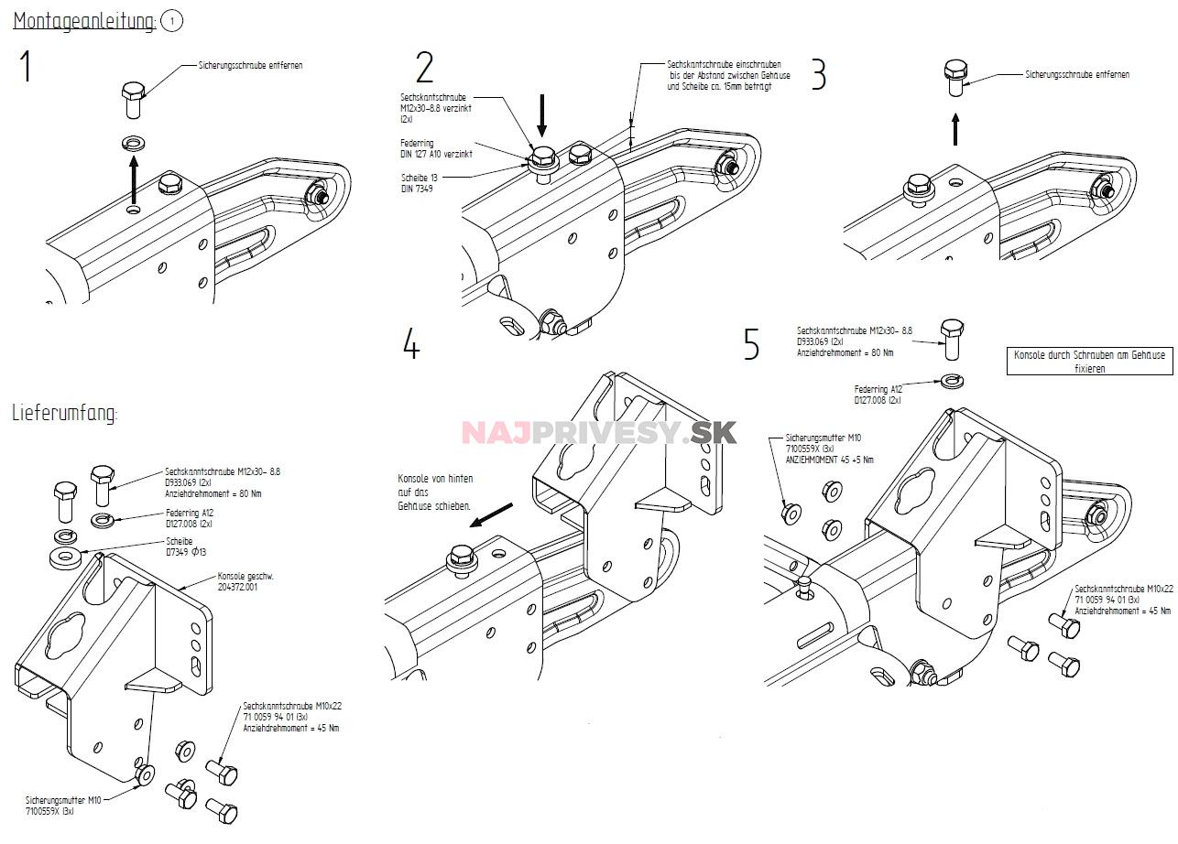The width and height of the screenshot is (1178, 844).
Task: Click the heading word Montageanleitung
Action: click(x=84, y=22)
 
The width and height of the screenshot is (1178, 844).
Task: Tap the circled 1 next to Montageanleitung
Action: click(x=171, y=22)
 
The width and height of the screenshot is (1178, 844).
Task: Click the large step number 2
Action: click(x=424, y=69)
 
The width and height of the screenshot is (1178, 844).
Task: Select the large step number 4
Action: click(x=411, y=343)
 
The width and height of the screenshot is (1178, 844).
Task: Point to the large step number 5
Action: click(x=751, y=345)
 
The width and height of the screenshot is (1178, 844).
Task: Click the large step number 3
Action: click(x=819, y=74)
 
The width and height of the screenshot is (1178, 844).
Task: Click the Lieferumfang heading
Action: click(x=65, y=413)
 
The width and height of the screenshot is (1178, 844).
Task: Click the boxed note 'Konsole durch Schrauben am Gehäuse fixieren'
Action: click(x=1090, y=361)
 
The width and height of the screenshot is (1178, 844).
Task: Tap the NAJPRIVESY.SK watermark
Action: click(x=599, y=432)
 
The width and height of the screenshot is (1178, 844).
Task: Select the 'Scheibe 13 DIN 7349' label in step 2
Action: click(x=420, y=182)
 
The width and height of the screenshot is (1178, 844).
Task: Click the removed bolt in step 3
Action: click(x=955, y=79)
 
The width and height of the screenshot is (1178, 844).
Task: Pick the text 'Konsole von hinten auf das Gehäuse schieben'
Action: click(x=435, y=492)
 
